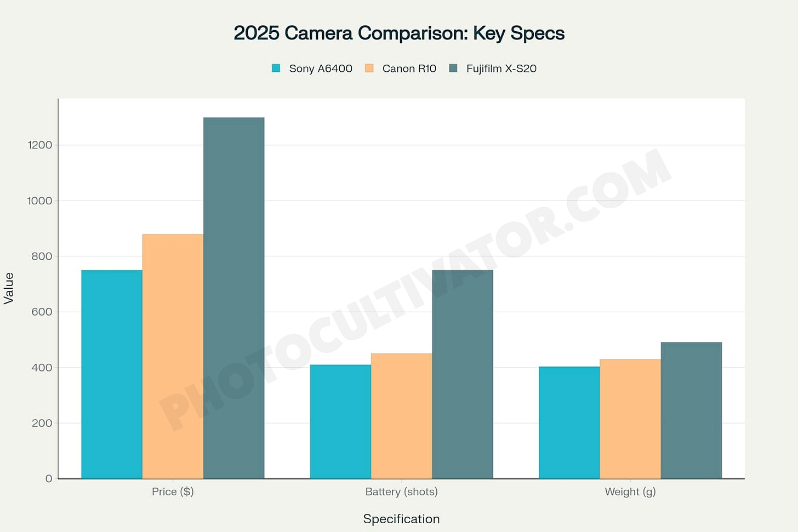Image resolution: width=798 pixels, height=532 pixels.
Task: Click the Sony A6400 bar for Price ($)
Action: (112, 374)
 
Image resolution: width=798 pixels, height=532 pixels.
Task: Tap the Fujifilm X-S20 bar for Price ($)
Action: (233, 298)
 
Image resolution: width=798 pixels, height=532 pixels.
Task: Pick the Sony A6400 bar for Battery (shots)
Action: (340, 421)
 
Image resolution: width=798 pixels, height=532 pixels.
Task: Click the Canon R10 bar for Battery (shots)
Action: (401, 416)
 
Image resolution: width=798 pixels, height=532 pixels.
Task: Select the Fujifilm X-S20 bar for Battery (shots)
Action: (462, 374)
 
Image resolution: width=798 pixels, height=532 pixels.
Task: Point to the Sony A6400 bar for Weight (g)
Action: (569, 422)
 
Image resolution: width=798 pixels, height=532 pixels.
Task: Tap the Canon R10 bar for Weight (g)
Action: (630, 419)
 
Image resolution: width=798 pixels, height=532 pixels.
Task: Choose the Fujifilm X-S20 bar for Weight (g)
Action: (691, 410)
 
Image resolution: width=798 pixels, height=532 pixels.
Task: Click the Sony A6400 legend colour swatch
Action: (276, 68)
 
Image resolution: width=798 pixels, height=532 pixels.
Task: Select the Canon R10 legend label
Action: (409, 68)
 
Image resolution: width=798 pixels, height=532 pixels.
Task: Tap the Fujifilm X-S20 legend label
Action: (501, 68)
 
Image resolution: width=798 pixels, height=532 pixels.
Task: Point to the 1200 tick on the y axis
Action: (40, 145)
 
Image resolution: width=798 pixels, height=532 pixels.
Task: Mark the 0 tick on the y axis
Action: (49, 478)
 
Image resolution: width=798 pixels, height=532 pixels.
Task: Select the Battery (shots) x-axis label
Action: (401, 491)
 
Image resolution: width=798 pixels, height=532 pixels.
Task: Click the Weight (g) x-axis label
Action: (630, 491)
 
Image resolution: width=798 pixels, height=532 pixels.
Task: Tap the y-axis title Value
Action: (9, 288)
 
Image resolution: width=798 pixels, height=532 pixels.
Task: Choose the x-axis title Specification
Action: (401, 519)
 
